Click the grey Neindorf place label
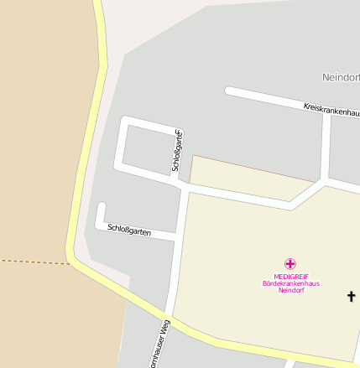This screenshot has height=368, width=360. point(341,77)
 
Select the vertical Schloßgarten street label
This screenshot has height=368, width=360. point(177,152)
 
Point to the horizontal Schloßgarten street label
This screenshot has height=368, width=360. point(129,230)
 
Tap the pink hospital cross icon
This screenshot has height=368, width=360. point(290,264)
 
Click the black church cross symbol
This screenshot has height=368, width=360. point(352,296)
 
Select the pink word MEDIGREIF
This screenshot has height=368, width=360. point(290,277)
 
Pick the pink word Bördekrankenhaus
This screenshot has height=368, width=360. point(290,283)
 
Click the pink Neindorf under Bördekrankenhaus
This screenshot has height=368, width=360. point(290,290)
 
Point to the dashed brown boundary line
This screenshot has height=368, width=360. point(34,262)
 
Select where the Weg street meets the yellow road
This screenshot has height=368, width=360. point(169,319)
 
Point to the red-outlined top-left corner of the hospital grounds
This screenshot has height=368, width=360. point(193,157)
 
